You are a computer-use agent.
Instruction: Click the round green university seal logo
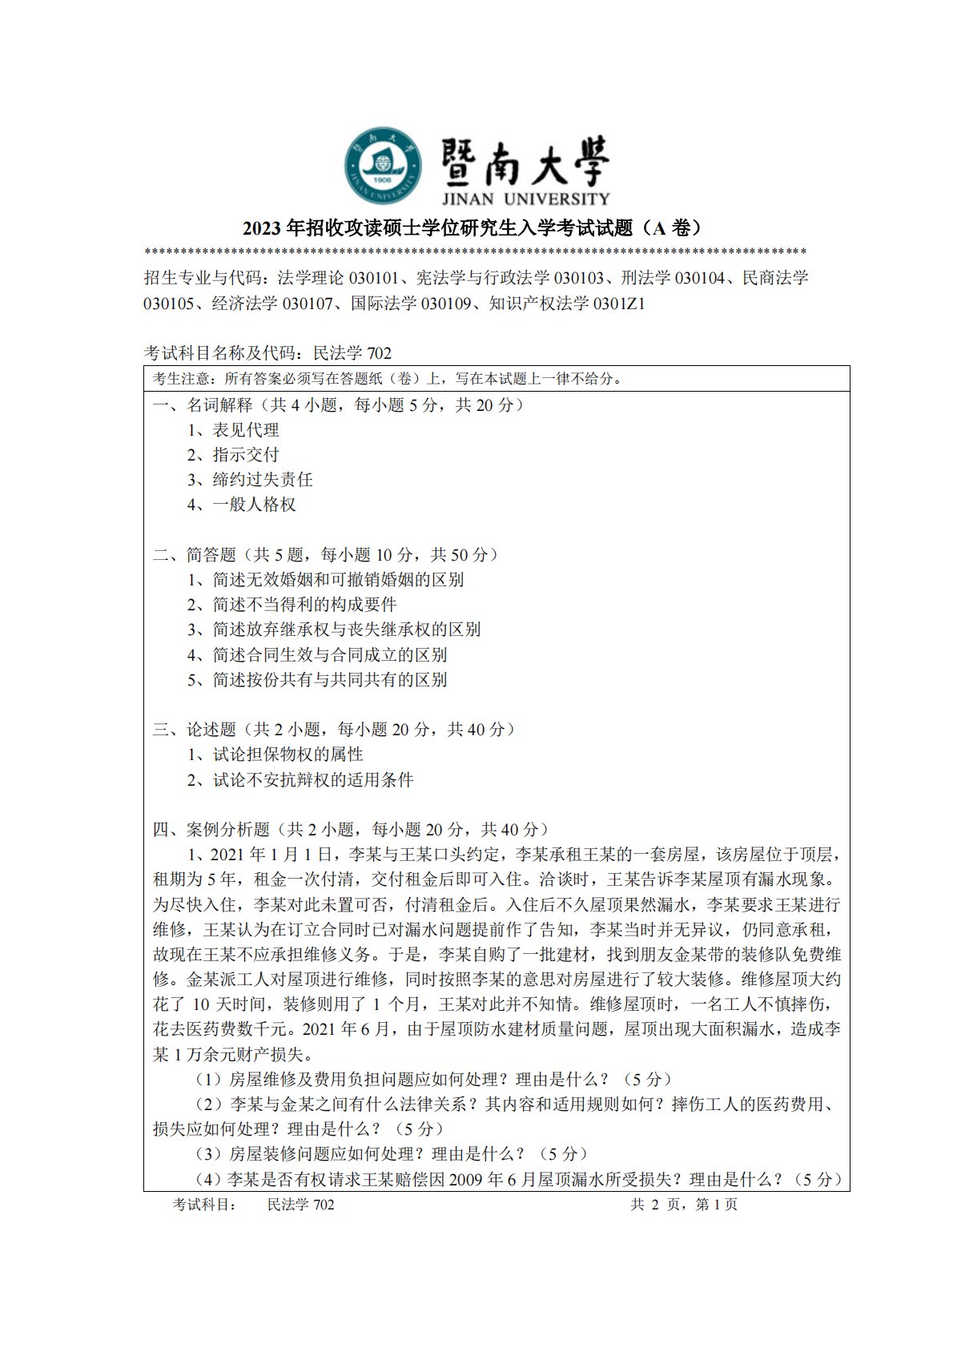pos(383,165)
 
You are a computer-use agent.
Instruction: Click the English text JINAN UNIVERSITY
pos(525,199)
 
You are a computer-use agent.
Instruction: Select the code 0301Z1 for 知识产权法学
pos(619,304)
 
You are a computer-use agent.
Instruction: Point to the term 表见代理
pos(245,430)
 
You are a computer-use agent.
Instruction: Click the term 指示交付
pos(245,455)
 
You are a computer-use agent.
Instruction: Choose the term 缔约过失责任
pos(262,480)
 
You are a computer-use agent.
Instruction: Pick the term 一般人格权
pos(254,505)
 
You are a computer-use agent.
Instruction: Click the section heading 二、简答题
pos(195,554)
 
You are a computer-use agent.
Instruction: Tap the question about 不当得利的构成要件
pos(304,605)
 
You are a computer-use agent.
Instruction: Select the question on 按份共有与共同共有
pos(329,680)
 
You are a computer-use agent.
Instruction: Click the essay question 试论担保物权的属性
pos(288,754)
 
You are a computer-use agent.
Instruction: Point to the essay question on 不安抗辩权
pos(312,780)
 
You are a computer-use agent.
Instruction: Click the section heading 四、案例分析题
pos(211,830)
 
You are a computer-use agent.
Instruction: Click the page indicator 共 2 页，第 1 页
pos(684,1205)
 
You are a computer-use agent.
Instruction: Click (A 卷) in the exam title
pos(674,228)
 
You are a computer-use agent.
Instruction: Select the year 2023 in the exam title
pos(262,229)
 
